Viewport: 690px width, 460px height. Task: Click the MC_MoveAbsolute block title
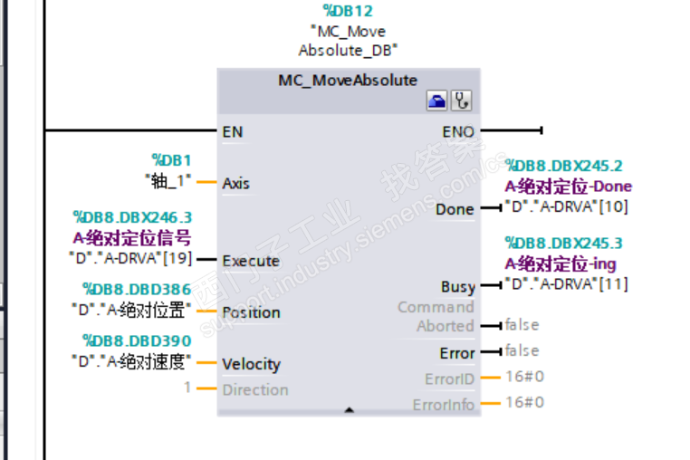click(x=348, y=81)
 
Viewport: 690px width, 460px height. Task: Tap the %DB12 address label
click(x=348, y=11)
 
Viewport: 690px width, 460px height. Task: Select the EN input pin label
click(x=233, y=131)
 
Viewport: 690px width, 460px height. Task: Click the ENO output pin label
click(x=458, y=131)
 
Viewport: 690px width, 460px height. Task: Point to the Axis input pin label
click(x=236, y=183)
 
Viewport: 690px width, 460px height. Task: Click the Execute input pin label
click(x=251, y=261)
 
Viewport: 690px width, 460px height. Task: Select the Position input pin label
click(x=252, y=312)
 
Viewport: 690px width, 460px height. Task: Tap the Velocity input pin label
click(x=252, y=364)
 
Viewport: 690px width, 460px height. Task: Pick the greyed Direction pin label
click(x=255, y=390)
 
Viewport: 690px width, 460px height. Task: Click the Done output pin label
click(x=455, y=209)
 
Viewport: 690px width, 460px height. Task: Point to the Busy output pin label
click(x=457, y=287)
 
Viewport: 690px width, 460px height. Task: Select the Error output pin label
click(x=457, y=353)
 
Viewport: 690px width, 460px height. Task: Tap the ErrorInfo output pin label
click(x=444, y=405)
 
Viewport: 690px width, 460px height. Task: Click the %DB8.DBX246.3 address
click(x=132, y=217)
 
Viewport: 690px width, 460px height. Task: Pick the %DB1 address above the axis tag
click(x=171, y=160)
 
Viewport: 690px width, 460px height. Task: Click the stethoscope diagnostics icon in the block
click(x=462, y=101)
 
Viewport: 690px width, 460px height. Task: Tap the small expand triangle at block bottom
click(x=349, y=410)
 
